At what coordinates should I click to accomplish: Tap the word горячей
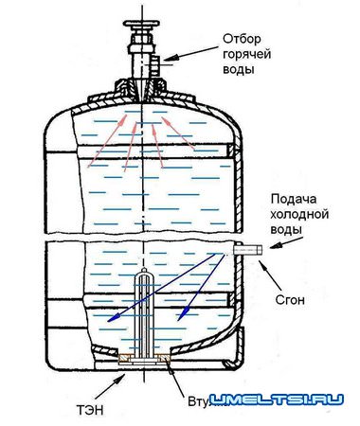coord(246,56)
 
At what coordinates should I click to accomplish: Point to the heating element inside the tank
coord(144,312)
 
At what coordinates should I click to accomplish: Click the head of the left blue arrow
coord(110,322)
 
